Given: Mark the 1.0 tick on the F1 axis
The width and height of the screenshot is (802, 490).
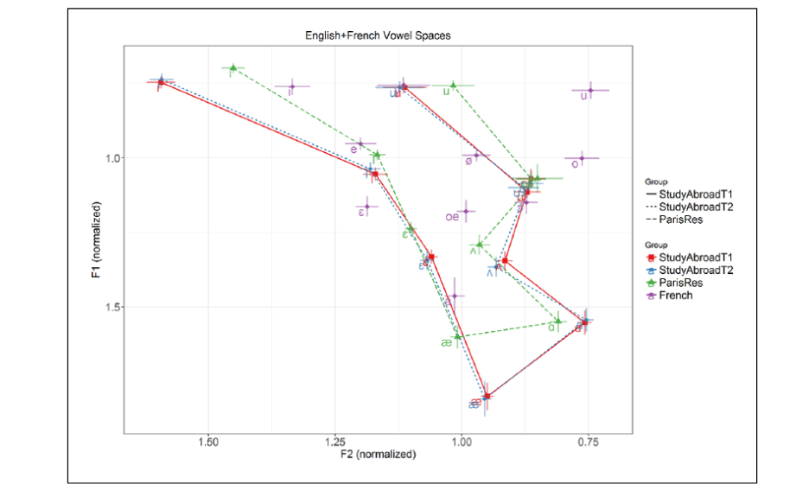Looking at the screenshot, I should pyautogui.click(x=116, y=158).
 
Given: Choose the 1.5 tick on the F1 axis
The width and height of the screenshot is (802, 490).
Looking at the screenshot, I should pyautogui.click(x=116, y=307).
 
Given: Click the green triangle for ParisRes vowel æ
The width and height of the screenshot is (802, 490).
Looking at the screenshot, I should pyautogui.click(x=458, y=335).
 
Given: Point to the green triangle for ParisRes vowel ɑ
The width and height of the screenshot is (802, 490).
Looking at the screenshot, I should pyautogui.click(x=558, y=321).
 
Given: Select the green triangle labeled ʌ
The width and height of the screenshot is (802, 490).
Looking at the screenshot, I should pyautogui.click(x=480, y=245).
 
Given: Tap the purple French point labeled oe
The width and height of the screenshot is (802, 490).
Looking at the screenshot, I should pyautogui.click(x=466, y=211).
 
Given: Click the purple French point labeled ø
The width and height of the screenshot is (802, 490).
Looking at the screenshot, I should pyautogui.click(x=476, y=156).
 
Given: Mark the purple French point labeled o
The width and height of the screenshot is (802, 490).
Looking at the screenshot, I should pyautogui.click(x=582, y=158).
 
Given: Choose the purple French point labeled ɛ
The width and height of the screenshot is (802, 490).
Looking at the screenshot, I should pyautogui.click(x=367, y=207).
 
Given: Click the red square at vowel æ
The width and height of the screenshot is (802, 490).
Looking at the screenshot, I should pyautogui.click(x=487, y=396).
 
